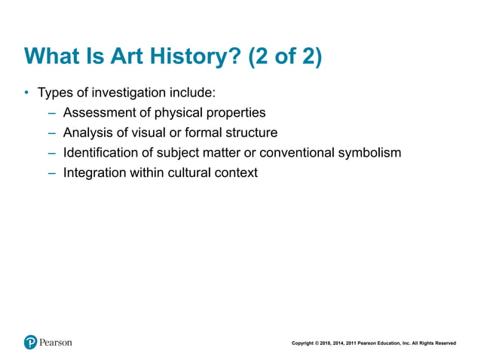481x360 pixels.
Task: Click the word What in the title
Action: coord(52,57)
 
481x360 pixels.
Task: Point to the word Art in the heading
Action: coord(109,57)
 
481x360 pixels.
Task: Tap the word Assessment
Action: coord(99,113)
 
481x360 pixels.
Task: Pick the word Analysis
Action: coord(88,133)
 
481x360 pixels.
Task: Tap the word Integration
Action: coord(95,172)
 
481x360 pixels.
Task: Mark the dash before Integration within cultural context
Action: coord(51,172)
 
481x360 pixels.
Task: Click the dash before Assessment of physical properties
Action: coord(51,113)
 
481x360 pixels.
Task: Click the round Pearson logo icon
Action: coord(30,342)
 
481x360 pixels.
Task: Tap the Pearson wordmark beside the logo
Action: coord(56,342)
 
